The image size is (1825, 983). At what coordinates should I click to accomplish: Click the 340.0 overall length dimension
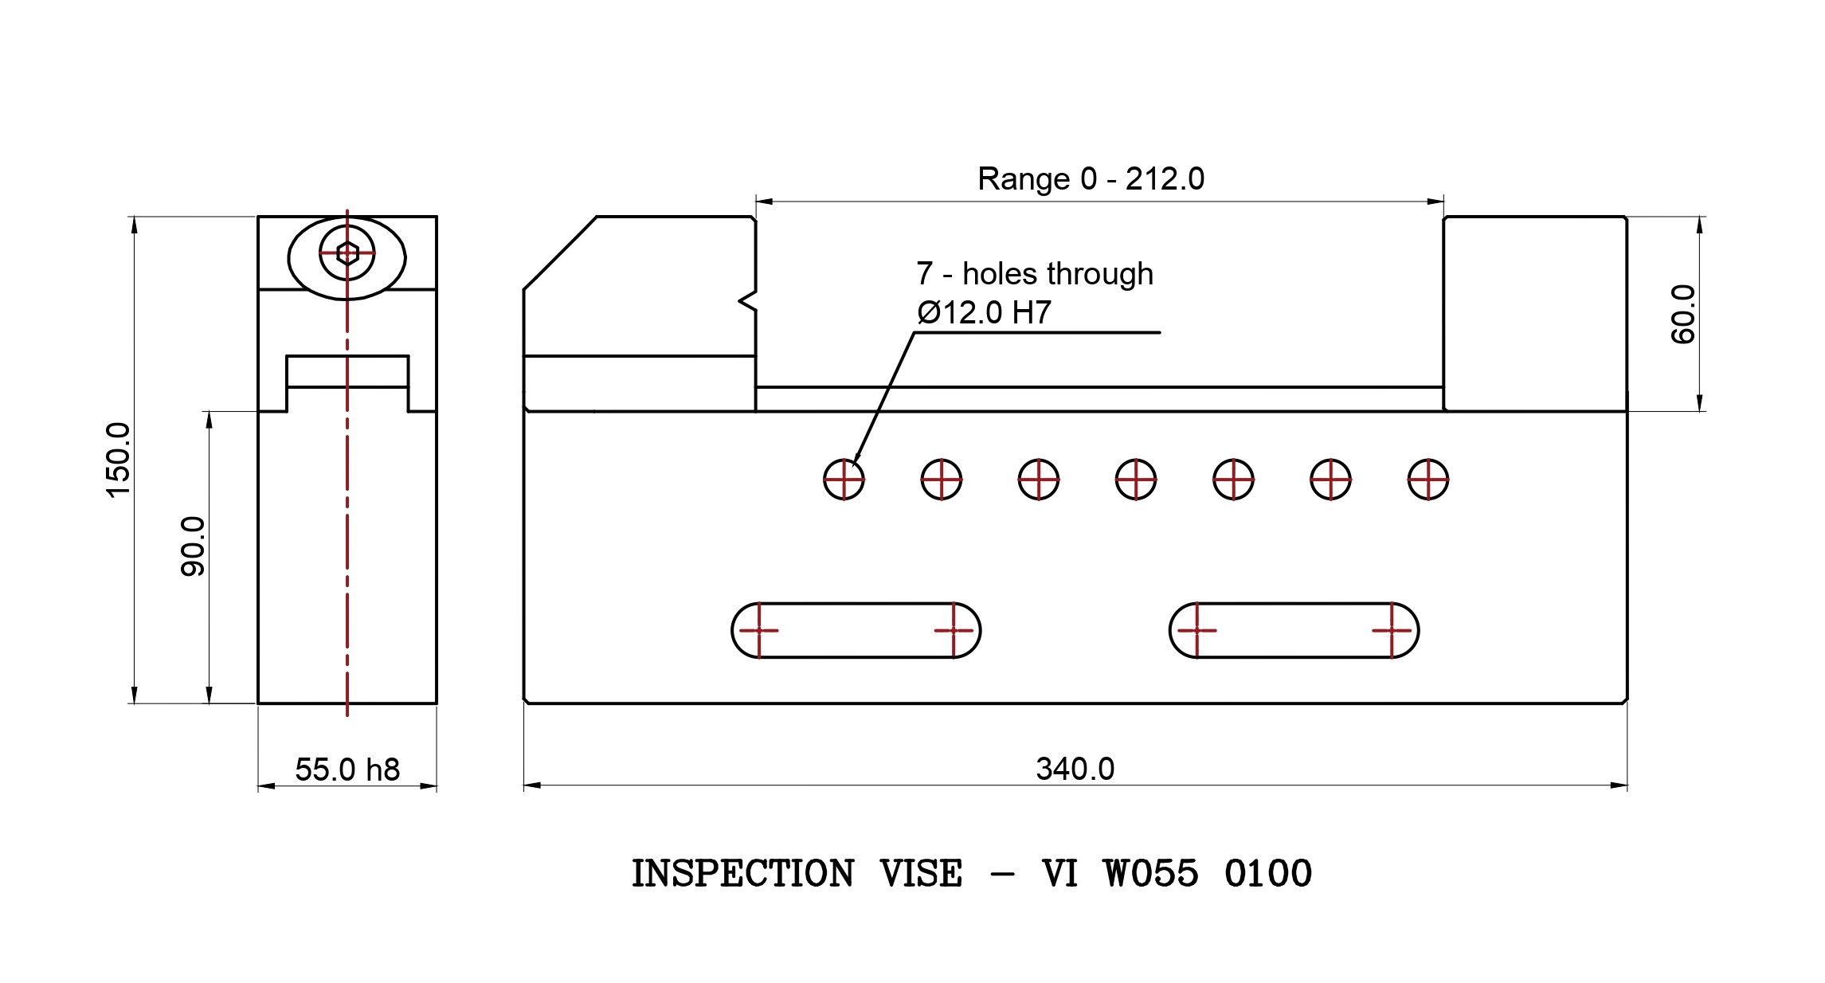click(1075, 769)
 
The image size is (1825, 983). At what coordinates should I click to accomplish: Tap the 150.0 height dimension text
click(118, 460)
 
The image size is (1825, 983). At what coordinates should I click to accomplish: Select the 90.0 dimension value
click(193, 546)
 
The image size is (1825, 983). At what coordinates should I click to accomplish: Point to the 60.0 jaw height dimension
click(1682, 314)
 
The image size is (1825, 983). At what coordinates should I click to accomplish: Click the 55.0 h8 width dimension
click(347, 770)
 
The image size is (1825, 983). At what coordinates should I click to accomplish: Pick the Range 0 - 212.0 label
click(1091, 178)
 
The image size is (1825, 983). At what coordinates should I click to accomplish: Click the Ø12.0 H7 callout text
click(984, 312)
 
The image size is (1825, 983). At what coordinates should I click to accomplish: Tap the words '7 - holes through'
click(1034, 274)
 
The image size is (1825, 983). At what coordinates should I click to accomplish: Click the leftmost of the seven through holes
click(844, 480)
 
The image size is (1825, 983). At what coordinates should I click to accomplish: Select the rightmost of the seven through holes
click(1427, 480)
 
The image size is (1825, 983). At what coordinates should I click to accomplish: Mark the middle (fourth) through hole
click(1136, 480)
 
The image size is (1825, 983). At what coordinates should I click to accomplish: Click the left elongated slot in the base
click(856, 630)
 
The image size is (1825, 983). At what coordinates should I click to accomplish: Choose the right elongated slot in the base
click(1294, 630)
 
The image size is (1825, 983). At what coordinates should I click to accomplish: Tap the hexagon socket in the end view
click(347, 254)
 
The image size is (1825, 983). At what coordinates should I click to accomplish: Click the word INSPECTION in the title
click(742, 874)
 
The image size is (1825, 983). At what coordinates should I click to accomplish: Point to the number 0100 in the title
click(1268, 874)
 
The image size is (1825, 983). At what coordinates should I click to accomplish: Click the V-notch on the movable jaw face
click(747, 300)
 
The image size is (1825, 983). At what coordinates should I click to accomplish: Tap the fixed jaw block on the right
click(1535, 313)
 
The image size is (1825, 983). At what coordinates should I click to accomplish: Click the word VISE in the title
click(921, 874)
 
